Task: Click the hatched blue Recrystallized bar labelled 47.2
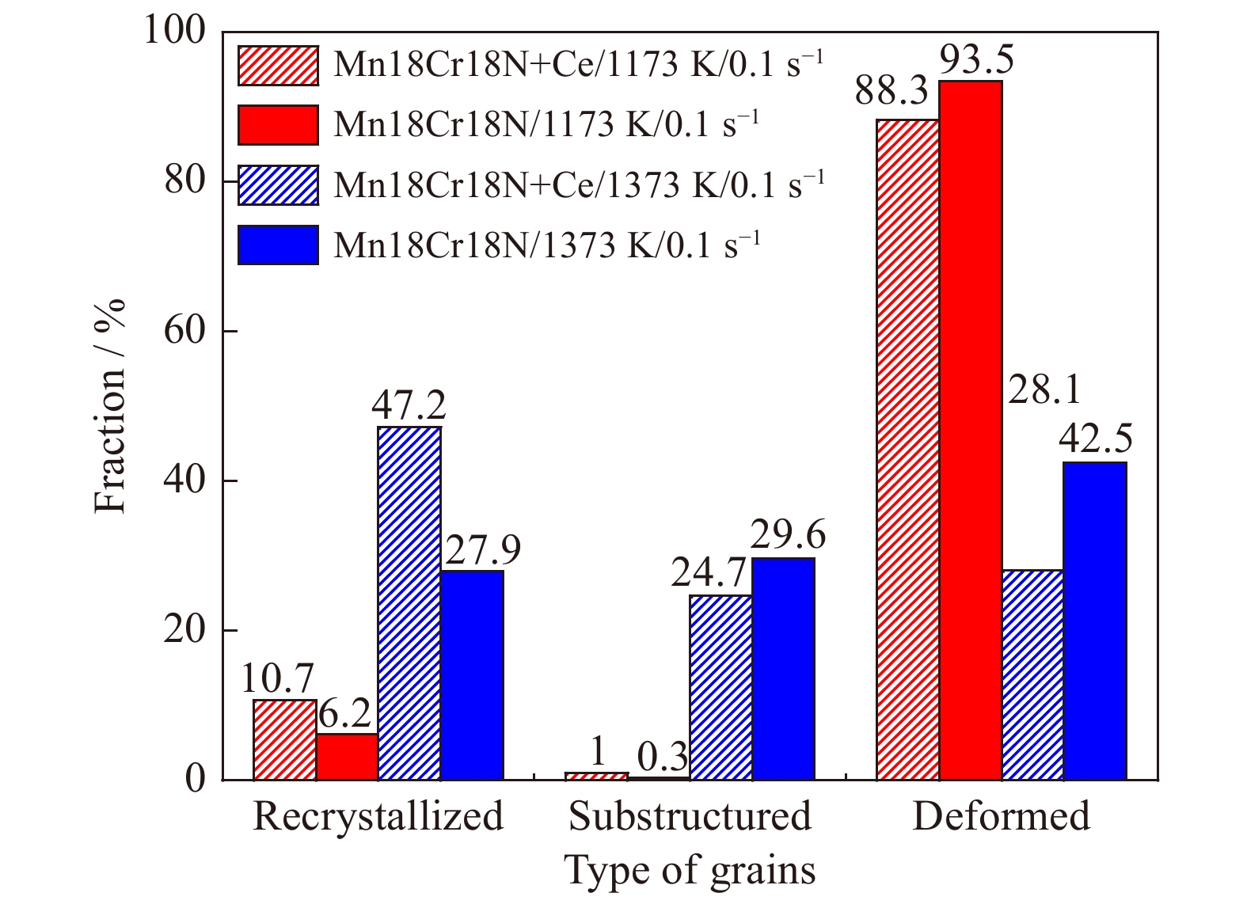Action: pyautogui.click(x=409, y=603)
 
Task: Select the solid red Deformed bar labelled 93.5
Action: pyautogui.click(x=970, y=431)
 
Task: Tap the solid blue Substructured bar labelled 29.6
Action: pyautogui.click(x=783, y=669)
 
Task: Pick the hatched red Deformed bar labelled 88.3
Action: pyautogui.click(x=908, y=450)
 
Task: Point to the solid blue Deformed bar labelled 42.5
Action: pyautogui.click(x=1095, y=621)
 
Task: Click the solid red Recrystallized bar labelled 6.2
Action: pyautogui.click(x=347, y=757)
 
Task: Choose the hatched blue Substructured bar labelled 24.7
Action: pyautogui.click(x=720, y=687)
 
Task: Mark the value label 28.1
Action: pyautogui.click(x=1044, y=390)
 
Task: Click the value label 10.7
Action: pyautogui.click(x=276, y=678)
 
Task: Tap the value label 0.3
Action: pyautogui.click(x=663, y=758)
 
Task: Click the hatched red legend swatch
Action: pyautogui.click(x=278, y=65)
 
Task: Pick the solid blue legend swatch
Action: pyautogui.click(x=278, y=245)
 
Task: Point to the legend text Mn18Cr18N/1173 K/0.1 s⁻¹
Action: pyautogui.click(x=546, y=124)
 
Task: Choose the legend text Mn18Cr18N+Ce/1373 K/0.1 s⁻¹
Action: pyautogui.click(x=579, y=184)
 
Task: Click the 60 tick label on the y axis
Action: pyautogui.click(x=184, y=331)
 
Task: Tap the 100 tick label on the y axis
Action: pyautogui.click(x=174, y=31)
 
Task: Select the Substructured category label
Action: pyautogui.click(x=690, y=816)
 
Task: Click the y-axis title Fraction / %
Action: pyautogui.click(x=110, y=405)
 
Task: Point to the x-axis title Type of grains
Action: pyautogui.click(x=690, y=870)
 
